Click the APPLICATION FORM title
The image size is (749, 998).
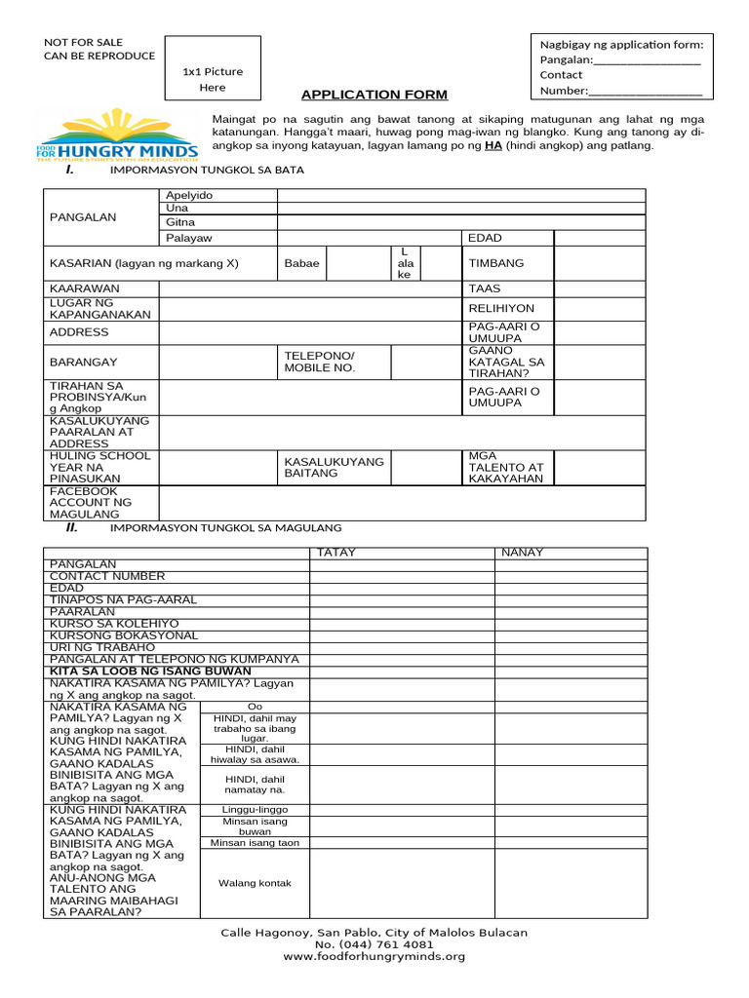(374, 95)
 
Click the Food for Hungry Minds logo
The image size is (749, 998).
(118, 137)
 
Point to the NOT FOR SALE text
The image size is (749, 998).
(85, 41)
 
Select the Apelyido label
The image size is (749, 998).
(189, 196)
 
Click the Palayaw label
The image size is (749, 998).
(189, 239)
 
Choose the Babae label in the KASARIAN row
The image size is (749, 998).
(301, 263)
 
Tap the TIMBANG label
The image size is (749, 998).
(496, 263)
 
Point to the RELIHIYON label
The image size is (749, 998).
(501, 308)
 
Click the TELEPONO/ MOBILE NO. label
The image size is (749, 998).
(320, 362)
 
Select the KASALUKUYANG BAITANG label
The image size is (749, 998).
(334, 467)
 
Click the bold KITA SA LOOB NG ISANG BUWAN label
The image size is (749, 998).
(150, 672)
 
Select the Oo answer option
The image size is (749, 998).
(255, 707)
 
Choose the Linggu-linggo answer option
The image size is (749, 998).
(255, 810)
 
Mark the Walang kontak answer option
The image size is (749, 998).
(255, 883)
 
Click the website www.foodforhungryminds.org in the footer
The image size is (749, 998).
(374, 957)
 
